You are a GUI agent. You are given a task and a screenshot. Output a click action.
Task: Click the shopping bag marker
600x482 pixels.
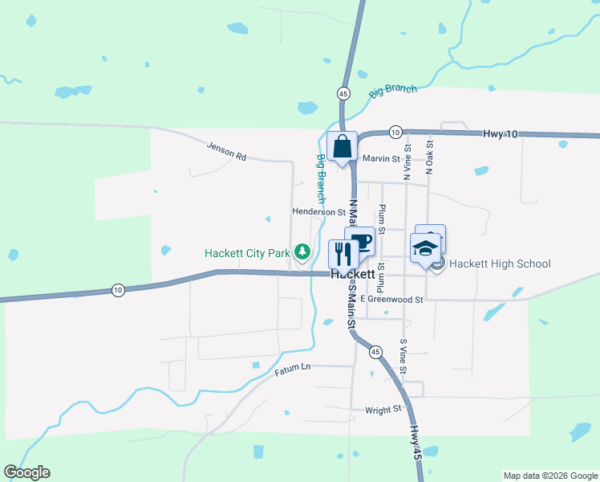pyautogui.click(x=342, y=146)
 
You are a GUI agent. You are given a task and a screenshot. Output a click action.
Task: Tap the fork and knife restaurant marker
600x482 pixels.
pyautogui.click(x=343, y=254)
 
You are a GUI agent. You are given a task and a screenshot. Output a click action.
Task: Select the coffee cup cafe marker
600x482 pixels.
pyautogui.click(x=360, y=242)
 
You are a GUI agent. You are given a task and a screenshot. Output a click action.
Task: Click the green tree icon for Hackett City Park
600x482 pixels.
pyautogui.click(x=302, y=252)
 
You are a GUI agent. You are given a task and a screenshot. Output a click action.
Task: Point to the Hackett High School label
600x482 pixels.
pyautogui.click(x=500, y=263)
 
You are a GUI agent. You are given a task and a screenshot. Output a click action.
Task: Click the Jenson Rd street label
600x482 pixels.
pyautogui.click(x=226, y=151)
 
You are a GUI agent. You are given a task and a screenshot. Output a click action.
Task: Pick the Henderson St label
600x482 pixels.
pyautogui.click(x=318, y=212)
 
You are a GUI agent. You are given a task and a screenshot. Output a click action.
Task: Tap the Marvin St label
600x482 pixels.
pyautogui.click(x=380, y=158)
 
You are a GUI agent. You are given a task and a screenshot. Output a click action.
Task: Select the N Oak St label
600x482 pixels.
pyautogui.click(x=430, y=154)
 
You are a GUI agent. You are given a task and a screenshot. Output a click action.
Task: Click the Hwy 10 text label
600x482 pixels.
pyautogui.click(x=501, y=133)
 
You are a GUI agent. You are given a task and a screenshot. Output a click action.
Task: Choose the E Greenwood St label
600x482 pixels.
pyautogui.click(x=391, y=299)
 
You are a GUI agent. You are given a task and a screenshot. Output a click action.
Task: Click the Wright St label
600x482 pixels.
pyautogui.click(x=383, y=410)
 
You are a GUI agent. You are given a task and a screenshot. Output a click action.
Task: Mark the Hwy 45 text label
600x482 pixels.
pyautogui.click(x=415, y=443)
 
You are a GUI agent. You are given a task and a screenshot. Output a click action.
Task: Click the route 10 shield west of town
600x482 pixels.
pyautogui.click(x=119, y=290)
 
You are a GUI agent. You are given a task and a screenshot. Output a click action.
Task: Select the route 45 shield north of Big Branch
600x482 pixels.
pyautogui.click(x=343, y=93)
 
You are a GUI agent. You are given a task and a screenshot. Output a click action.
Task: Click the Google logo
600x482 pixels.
pyautogui.click(x=26, y=472)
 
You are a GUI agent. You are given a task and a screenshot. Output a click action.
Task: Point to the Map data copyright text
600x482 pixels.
pyautogui.click(x=550, y=476)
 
